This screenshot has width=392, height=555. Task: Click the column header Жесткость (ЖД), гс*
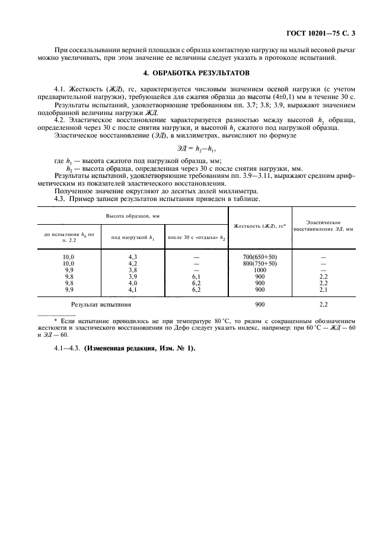(260, 226)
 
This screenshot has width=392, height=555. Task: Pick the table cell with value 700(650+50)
(260, 257)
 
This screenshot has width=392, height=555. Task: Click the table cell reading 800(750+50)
(260, 263)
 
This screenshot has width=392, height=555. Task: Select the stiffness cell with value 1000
(260, 270)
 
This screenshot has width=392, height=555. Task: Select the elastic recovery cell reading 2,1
(324, 289)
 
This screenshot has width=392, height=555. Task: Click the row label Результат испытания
(101, 304)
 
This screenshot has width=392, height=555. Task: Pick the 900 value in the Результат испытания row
(260, 304)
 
